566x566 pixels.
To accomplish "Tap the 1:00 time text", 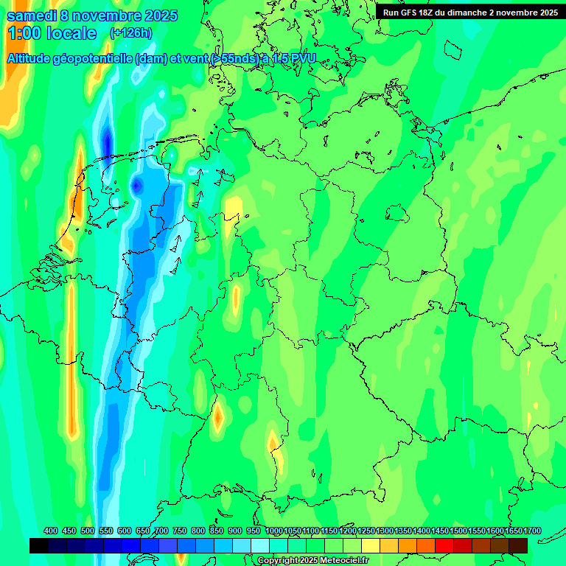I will [24, 33].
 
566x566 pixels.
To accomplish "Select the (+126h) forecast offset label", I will [130, 32].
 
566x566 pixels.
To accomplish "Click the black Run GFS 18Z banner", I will [470, 13].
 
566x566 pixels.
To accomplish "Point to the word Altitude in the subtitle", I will [34, 58].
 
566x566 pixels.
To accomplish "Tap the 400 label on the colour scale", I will [51, 531].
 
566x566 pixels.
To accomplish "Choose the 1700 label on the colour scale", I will [532, 531].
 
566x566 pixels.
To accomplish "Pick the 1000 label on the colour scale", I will [273, 531].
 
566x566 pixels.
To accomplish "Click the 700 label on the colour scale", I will [161, 531].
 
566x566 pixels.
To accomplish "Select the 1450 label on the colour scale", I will [440, 531].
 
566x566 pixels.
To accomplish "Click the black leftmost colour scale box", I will [39, 545].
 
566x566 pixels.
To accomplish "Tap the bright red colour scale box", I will [444, 545].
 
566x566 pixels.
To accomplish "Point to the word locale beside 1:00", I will [71, 33].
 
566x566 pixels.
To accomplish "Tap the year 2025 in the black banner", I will [545, 13].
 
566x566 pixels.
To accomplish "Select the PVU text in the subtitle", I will [304, 58].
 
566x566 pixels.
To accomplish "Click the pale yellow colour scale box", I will [371, 545].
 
